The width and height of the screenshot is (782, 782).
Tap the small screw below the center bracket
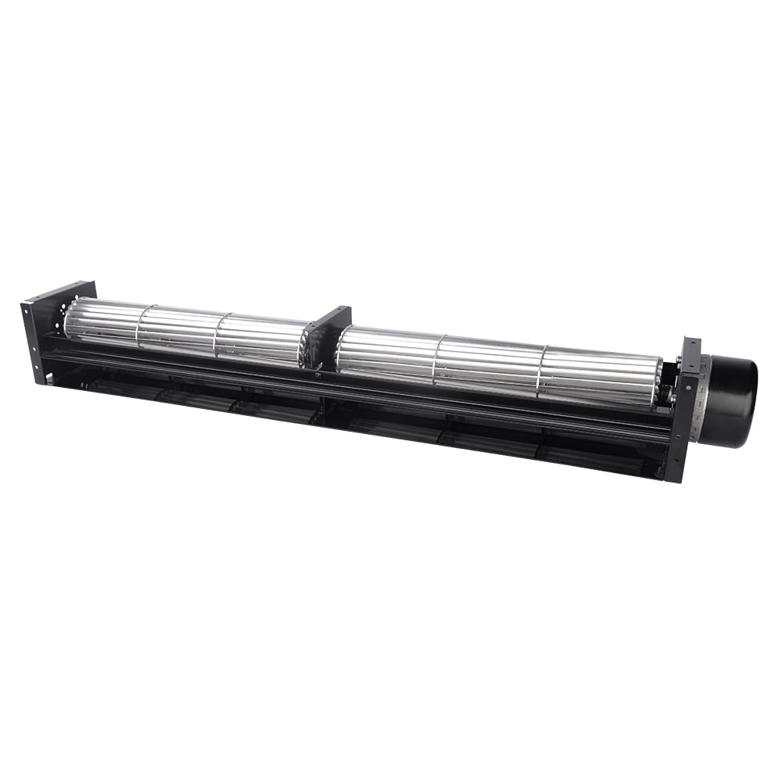point(317,376)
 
